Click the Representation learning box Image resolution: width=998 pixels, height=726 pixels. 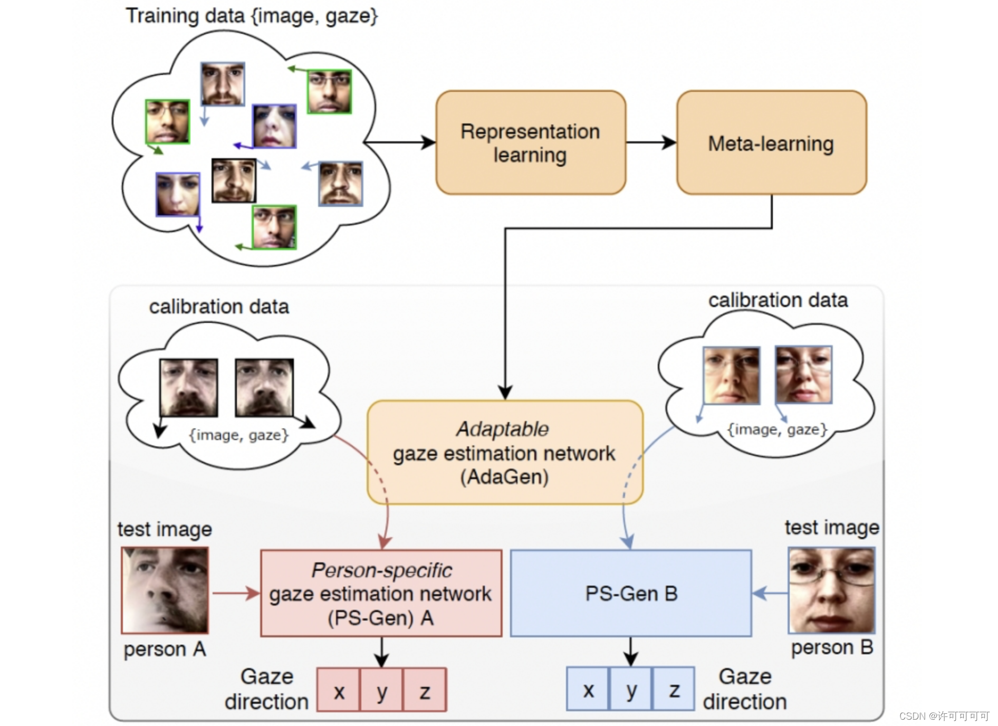click(x=530, y=142)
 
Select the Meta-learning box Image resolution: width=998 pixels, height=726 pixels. click(x=771, y=142)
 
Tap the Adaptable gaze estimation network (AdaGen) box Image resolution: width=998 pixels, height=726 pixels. click(x=504, y=452)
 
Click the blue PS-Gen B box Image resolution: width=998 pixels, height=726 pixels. click(x=631, y=593)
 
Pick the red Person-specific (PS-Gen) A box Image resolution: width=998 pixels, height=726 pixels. click(x=381, y=593)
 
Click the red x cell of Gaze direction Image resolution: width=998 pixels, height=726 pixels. click(x=339, y=690)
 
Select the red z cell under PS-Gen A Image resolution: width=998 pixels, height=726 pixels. click(x=425, y=690)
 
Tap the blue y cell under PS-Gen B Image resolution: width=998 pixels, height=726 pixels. click(x=631, y=689)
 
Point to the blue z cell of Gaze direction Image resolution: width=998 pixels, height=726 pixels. click(x=674, y=689)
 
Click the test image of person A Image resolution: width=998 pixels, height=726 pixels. click(x=165, y=590)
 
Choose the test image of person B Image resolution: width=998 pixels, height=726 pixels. click(x=831, y=590)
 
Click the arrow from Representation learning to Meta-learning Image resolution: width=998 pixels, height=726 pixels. click(x=651, y=142)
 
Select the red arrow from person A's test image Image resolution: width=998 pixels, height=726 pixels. click(x=235, y=593)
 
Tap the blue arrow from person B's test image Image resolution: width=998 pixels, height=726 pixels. click(x=770, y=593)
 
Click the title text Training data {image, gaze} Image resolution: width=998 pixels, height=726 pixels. click(x=252, y=16)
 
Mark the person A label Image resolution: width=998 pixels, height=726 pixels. click(x=165, y=649)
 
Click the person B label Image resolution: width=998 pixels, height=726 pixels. click(x=832, y=647)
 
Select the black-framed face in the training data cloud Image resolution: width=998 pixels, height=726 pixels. click(x=234, y=180)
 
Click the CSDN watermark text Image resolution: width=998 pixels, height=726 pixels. click(x=944, y=716)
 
